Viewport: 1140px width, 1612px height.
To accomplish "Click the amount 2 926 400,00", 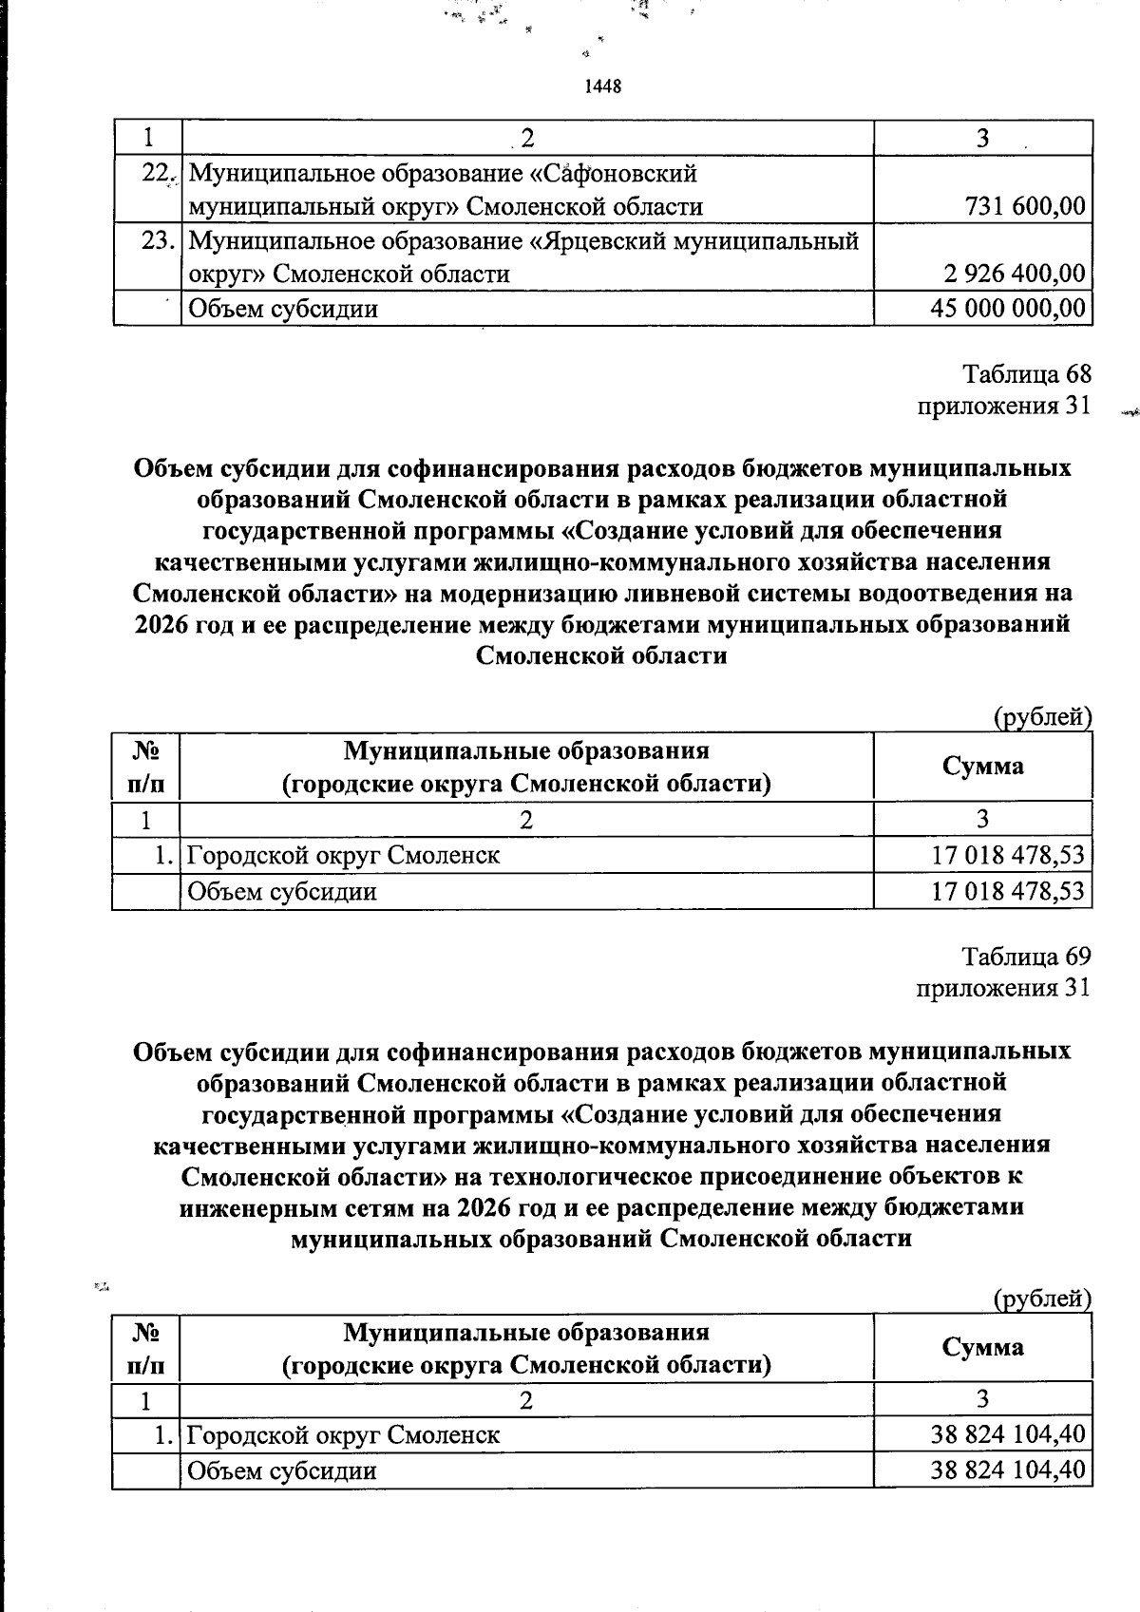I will [x=1015, y=275].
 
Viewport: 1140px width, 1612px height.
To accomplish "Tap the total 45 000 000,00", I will [x=1009, y=309].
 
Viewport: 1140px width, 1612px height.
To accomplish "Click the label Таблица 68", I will [x=1027, y=373].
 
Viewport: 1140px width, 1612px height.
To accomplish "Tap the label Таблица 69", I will [x=1026, y=955].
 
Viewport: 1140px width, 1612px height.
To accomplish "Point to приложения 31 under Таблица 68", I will [x=1002, y=407].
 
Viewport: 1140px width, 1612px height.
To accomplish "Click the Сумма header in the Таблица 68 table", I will [x=982, y=767].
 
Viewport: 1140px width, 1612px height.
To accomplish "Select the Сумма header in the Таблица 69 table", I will [x=982, y=1347].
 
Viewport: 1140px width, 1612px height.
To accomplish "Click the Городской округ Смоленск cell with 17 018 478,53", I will [x=343, y=856].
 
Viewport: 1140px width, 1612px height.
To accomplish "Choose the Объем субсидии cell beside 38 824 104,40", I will [x=282, y=1471].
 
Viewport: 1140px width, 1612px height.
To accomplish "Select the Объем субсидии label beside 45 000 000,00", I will [x=283, y=309].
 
